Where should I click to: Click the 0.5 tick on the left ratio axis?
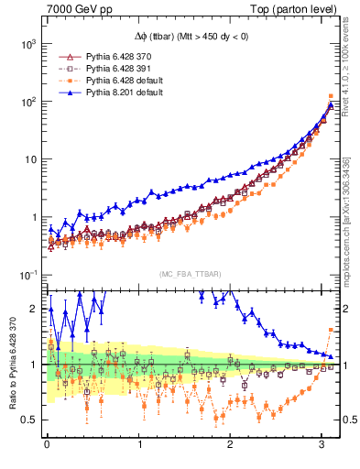pyautogui.click(x=28, y=420)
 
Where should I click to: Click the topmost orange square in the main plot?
pyautogui.click(x=330, y=96)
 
